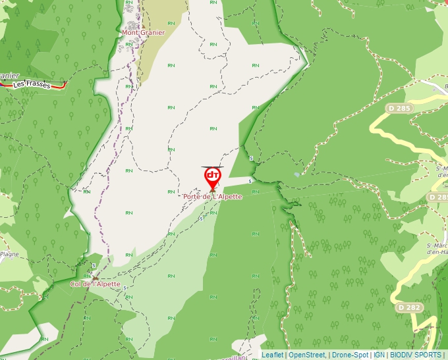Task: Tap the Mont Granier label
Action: coord(143,32)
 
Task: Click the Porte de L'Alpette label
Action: coord(213,196)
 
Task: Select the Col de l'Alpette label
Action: coord(95,284)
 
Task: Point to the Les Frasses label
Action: coord(31,85)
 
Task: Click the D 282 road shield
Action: coord(408,307)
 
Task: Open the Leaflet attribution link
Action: coord(272,355)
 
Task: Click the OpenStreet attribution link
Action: coord(306,355)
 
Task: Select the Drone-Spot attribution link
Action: coord(350,355)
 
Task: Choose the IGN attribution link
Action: coord(379,355)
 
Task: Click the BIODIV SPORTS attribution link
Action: coord(416,355)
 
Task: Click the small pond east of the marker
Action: coord(298,174)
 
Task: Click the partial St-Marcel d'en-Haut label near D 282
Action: coord(437,248)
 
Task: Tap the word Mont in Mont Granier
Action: coord(130,32)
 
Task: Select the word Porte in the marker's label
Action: coord(193,196)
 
